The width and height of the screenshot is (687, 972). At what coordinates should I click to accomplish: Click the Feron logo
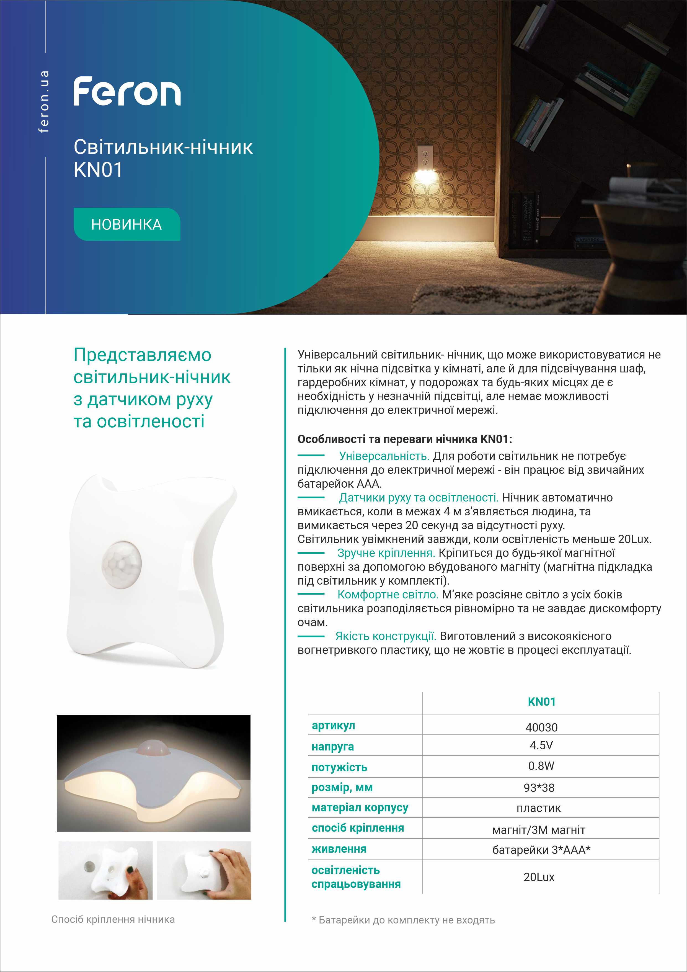point(127,91)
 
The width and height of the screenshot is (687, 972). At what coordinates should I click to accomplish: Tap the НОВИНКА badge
point(126,224)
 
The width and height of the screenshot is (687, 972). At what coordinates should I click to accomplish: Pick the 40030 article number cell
point(541,727)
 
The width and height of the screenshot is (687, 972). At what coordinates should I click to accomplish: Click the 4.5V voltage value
point(541,745)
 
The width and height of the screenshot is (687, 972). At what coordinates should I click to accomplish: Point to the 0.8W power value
point(541,766)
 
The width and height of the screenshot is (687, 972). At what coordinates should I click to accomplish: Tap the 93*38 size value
point(539,788)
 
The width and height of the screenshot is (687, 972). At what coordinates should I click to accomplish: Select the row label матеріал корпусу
point(360,808)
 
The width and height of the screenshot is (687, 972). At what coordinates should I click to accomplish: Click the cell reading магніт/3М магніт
point(539,830)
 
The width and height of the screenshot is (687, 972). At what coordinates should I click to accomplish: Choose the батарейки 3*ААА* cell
point(541,850)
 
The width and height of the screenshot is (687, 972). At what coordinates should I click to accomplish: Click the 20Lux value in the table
point(539,877)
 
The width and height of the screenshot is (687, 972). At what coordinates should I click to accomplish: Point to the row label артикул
point(333,726)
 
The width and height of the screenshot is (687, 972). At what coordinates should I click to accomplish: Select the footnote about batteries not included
point(403,920)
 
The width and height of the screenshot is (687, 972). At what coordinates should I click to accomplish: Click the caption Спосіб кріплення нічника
point(113,919)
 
